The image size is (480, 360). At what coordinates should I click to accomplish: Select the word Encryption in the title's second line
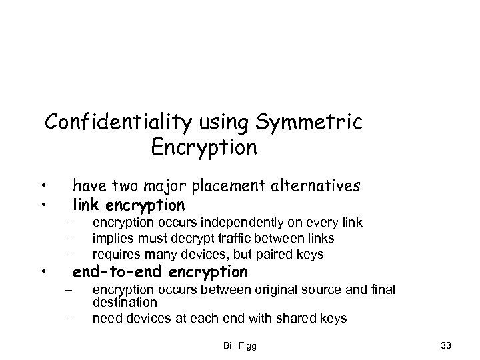click(x=204, y=147)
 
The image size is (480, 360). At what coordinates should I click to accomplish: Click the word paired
click(x=270, y=254)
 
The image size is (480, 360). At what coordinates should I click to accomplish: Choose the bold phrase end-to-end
click(x=119, y=272)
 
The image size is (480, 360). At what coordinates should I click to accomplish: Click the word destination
click(x=120, y=301)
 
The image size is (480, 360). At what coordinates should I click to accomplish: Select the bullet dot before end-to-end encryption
click(x=42, y=272)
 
